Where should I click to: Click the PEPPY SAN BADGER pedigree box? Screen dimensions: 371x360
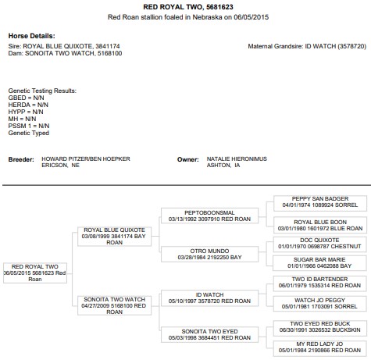[x=320, y=203]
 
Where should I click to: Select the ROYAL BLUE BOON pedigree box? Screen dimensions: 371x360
[x=320, y=225]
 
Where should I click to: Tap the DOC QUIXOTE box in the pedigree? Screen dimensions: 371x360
[x=319, y=244]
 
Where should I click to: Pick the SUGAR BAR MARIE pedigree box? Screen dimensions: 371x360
[x=319, y=263]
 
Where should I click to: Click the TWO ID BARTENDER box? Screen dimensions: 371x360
[x=319, y=283]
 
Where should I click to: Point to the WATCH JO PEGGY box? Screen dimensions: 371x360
[x=319, y=304]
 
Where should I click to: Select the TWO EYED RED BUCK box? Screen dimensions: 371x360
[x=319, y=328]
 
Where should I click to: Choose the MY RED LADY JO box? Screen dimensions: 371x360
[x=319, y=348]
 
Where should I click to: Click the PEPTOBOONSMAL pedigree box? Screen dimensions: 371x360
[x=209, y=216]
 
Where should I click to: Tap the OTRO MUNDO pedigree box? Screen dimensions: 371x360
[x=209, y=254]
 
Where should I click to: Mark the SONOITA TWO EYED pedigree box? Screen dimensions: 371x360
[x=209, y=335]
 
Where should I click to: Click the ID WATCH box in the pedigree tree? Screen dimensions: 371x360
[x=209, y=298]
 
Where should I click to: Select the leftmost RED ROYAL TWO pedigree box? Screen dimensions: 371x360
[x=35, y=273]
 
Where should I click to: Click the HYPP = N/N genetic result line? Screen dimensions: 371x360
[x=26, y=112]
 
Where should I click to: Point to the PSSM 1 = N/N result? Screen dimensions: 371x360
[x=29, y=126]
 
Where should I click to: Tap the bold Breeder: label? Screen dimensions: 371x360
[x=21, y=159]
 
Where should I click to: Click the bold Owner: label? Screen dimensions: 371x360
[x=188, y=159]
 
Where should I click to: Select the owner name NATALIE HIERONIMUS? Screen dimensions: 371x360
[x=237, y=159]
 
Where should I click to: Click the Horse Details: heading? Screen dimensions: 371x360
[x=32, y=36]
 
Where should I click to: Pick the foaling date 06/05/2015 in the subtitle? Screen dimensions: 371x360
[x=251, y=17]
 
